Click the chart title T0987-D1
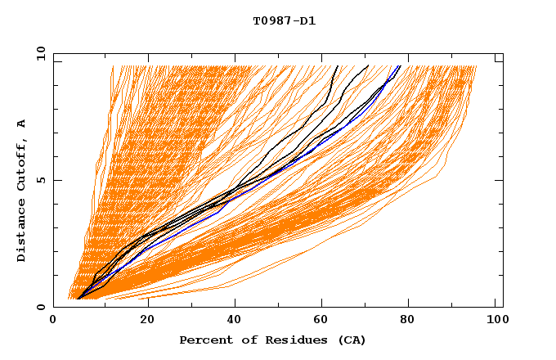tap(284, 21)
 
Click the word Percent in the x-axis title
tap(203, 340)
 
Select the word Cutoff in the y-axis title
tap(21, 163)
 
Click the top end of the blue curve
tap(399, 66)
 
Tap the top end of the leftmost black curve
tap(338, 66)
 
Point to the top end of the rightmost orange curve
tap(476, 66)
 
